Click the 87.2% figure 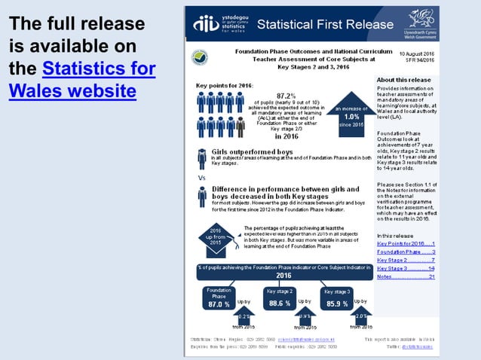pos(286,96)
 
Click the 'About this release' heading pos(403,80)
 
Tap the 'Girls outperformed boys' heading pos(252,152)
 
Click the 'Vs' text pos(201,178)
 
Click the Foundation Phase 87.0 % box pos(219,299)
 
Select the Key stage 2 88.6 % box pos(280,299)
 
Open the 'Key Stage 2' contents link pos(405,260)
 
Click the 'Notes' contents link pos(405,276)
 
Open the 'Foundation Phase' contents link pos(405,252)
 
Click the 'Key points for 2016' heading pos(225,86)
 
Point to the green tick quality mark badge pos(201,57)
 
